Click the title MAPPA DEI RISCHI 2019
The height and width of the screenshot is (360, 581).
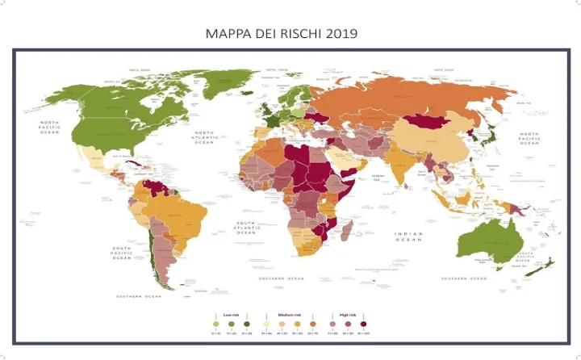click(x=282, y=34)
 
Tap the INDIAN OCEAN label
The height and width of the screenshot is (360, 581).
click(x=408, y=237)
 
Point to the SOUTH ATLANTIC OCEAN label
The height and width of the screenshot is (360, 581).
click(x=246, y=227)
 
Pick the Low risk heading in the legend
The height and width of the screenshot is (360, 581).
click(x=229, y=314)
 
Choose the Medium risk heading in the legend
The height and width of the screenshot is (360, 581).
click(x=290, y=314)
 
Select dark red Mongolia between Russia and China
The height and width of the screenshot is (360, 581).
click(x=430, y=123)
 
